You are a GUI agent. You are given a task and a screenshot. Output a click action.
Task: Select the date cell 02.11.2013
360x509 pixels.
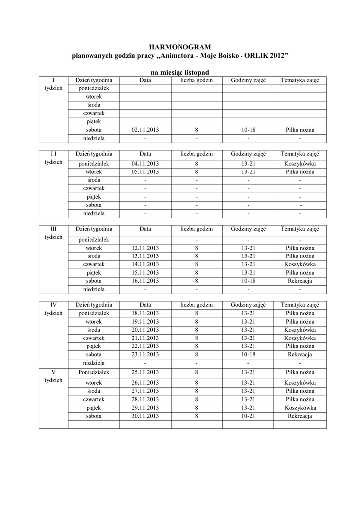(145, 130)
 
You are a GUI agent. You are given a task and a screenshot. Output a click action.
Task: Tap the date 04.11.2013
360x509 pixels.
(145, 164)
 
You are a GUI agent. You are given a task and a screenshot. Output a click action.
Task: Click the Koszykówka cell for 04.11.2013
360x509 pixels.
(300, 164)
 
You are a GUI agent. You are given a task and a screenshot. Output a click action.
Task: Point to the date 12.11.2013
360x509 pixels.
(145, 248)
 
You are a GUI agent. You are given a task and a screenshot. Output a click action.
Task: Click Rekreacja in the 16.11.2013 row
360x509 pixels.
(300, 281)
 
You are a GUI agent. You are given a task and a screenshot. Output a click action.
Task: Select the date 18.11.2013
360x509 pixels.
(145, 314)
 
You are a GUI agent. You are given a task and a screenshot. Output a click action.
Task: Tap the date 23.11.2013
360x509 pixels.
(145, 355)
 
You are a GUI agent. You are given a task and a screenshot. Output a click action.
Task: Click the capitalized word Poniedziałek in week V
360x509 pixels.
(93, 372)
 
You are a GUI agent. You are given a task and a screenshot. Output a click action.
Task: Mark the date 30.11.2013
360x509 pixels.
(145, 416)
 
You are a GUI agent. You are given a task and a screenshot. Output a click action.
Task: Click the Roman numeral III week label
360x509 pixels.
(53, 229)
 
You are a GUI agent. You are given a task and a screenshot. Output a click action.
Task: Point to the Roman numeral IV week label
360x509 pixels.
(53, 304)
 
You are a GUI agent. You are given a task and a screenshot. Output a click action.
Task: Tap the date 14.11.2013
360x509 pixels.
(145, 264)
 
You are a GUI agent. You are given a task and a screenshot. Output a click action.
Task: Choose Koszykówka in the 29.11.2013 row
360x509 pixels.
(300, 408)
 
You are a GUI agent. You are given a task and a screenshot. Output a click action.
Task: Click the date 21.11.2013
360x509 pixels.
(145, 338)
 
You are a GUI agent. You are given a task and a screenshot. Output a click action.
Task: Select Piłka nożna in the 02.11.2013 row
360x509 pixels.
(300, 130)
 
